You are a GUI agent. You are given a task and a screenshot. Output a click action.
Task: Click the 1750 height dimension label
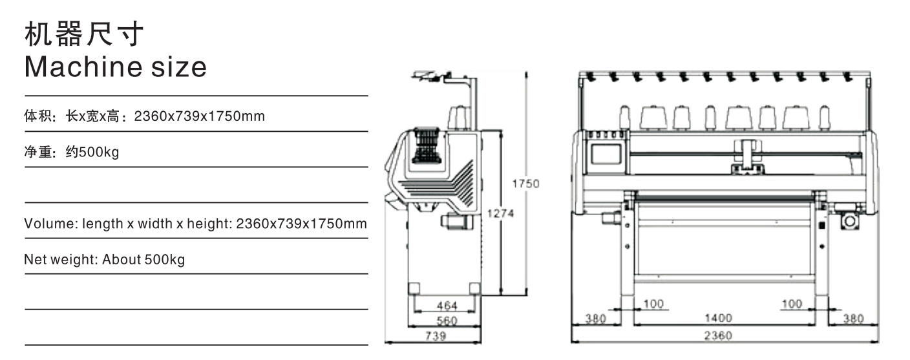[x=525, y=184]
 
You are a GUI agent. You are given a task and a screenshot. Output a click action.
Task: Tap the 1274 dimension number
[x=500, y=213]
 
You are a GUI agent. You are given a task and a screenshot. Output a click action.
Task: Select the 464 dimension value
[x=447, y=306]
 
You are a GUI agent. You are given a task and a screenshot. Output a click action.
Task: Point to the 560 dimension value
[x=447, y=321]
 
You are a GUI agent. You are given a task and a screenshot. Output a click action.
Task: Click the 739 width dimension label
[x=436, y=336]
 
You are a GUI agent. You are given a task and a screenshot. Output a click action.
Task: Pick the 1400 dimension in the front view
[x=718, y=318]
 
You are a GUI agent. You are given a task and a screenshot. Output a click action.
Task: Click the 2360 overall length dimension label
[x=718, y=335]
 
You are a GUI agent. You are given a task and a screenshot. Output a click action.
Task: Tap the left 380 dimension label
[x=595, y=319]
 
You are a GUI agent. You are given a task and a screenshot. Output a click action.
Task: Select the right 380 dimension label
[x=853, y=319]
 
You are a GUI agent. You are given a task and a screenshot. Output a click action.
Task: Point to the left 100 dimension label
[x=653, y=304]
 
